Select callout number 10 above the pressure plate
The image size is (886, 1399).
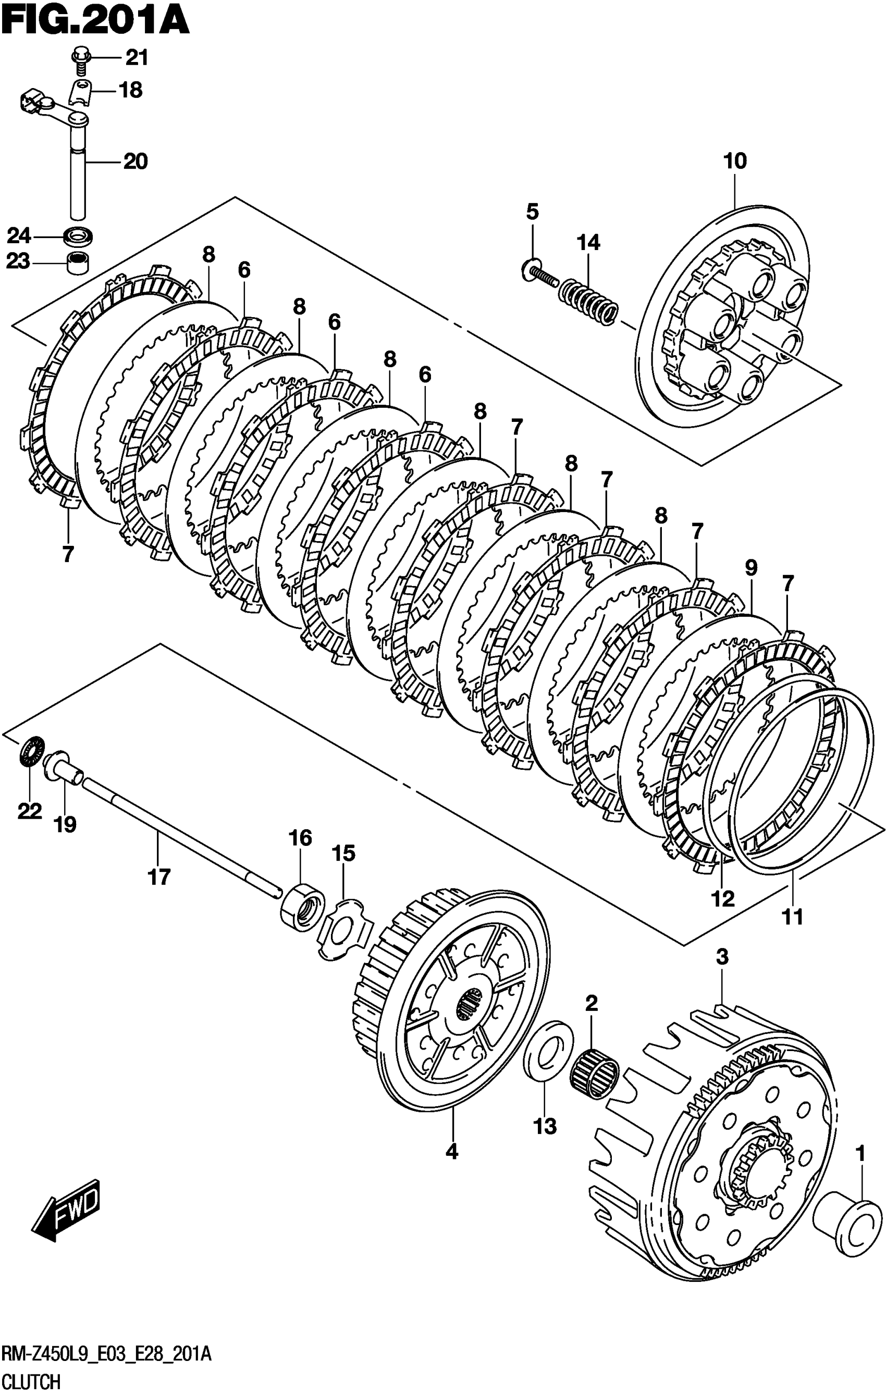click(x=735, y=161)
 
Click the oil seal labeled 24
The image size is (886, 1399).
click(x=79, y=236)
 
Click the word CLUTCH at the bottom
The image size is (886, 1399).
click(x=32, y=1381)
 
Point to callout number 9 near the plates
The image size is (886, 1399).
click(x=750, y=568)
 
